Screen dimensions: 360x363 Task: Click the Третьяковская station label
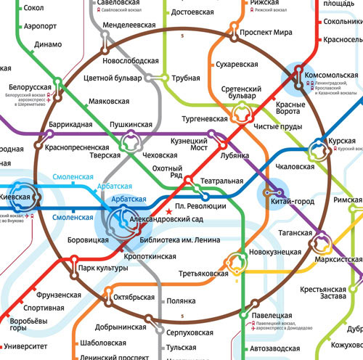[x=203, y=274]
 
